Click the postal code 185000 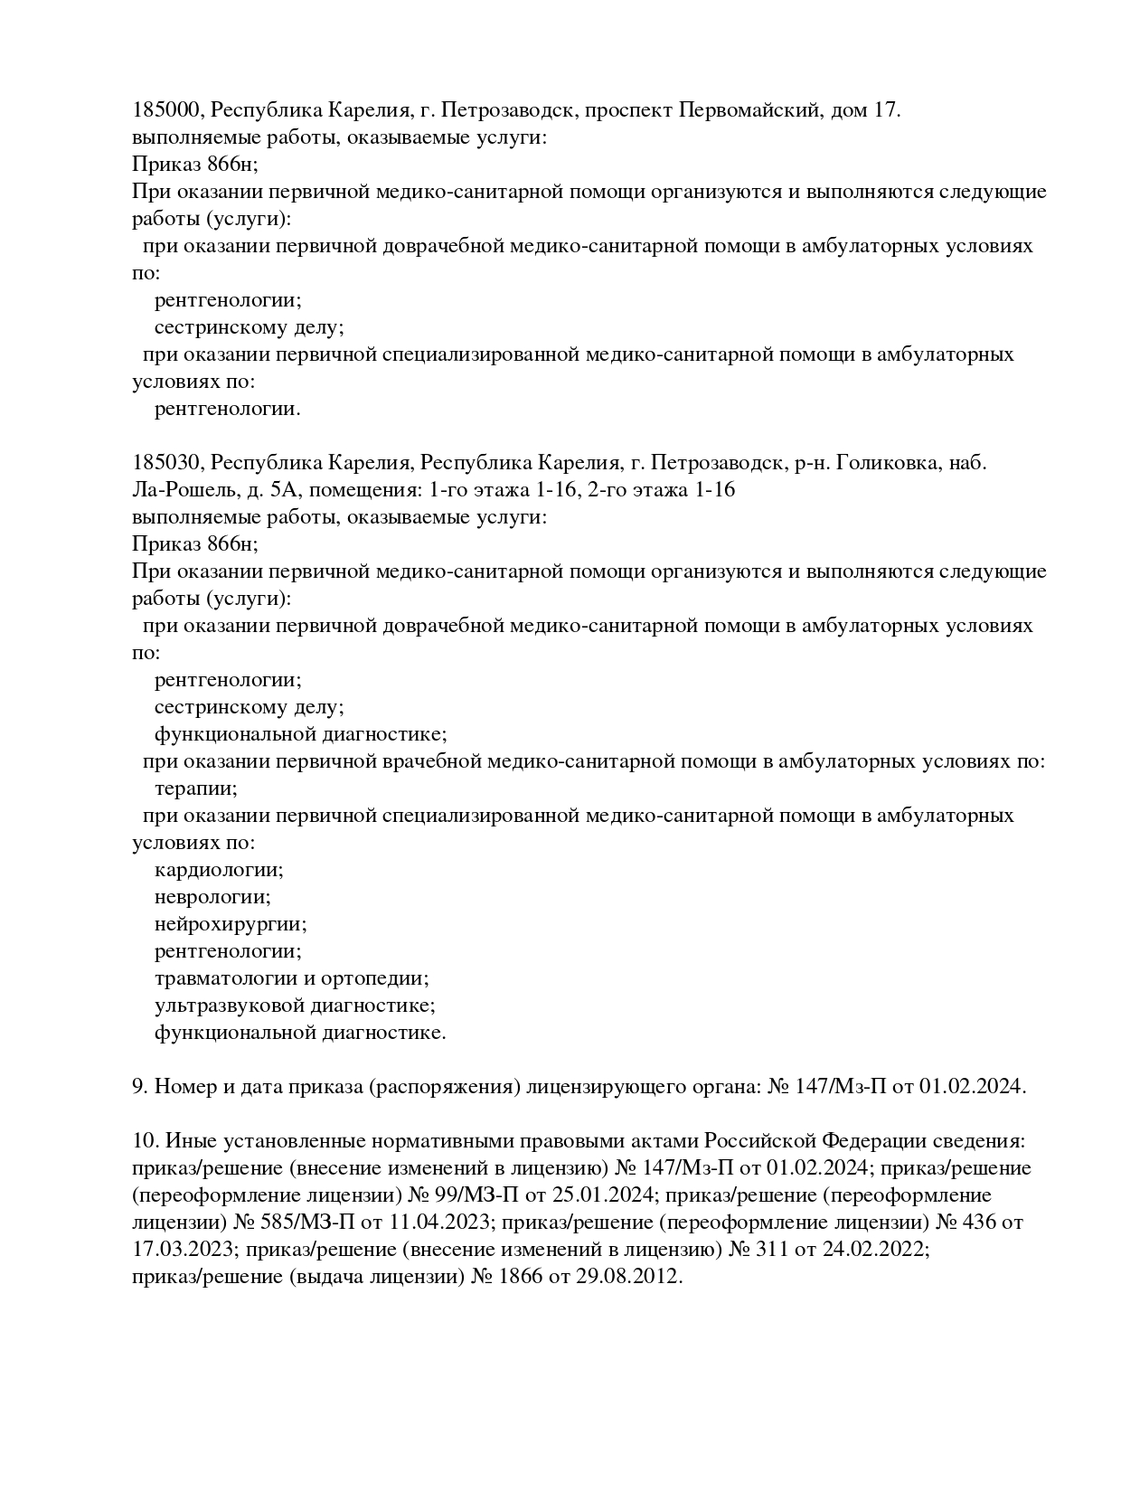click(170, 110)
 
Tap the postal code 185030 click(170, 463)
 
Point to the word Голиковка click(889, 463)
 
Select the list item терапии click(195, 788)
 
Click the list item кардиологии click(219, 870)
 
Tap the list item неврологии click(212, 897)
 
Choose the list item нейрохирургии click(231, 924)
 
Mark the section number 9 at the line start click(140, 1087)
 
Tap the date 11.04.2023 click(438, 1223)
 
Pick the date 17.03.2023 click(183, 1250)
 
